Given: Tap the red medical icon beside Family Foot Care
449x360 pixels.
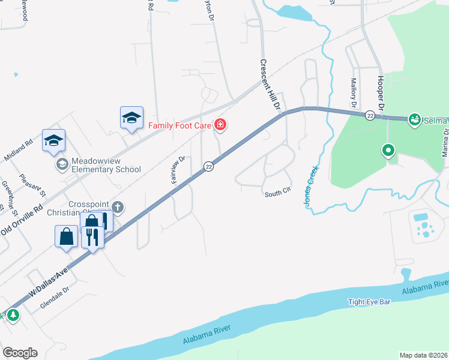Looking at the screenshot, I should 221,125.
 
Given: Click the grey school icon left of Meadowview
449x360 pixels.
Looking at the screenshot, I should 61,164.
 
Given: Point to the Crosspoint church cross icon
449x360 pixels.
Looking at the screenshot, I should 118,208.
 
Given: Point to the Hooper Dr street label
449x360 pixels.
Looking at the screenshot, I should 381,92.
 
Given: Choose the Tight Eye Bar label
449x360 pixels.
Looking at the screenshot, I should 369,302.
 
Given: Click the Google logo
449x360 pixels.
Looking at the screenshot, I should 20,353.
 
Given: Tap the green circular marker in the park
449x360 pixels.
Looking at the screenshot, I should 388,150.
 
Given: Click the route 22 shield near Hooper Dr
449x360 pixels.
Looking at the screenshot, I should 370,115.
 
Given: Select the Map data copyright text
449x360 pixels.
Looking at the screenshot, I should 423,355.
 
